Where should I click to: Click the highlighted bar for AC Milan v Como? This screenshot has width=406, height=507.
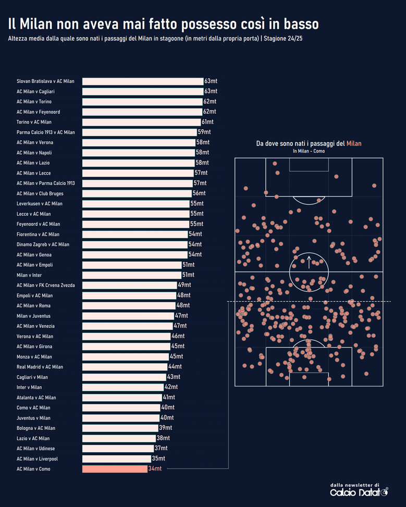(x=115, y=469)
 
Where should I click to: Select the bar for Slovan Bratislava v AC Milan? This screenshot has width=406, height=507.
(x=143, y=81)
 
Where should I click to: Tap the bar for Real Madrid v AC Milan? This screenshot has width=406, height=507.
(x=125, y=367)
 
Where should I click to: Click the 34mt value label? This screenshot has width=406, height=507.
(x=155, y=469)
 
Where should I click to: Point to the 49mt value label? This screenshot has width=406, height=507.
(x=184, y=285)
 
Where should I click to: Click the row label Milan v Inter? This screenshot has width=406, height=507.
(x=29, y=275)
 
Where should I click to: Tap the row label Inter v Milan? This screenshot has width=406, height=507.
(x=29, y=387)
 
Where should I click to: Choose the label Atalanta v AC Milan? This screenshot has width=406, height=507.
(x=36, y=398)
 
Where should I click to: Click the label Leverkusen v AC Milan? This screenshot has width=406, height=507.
(x=40, y=204)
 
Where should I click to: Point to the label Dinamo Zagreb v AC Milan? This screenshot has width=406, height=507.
(x=43, y=244)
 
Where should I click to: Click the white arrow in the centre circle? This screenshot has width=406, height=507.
(x=309, y=262)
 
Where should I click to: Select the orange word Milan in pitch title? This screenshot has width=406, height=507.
(x=354, y=143)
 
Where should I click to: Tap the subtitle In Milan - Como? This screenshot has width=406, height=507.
(x=309, y=151)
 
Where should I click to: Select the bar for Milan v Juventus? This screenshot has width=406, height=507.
(x=128, y=316)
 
